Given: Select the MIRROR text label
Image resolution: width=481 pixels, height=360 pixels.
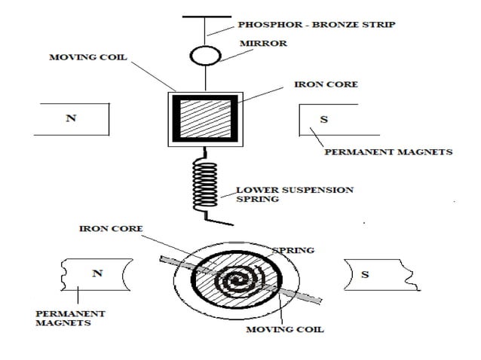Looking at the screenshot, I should tap(262, 44).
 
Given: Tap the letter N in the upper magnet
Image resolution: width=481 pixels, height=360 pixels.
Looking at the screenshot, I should tap(72, 120).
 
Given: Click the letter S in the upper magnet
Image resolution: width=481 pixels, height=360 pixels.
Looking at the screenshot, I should tap(324, 120).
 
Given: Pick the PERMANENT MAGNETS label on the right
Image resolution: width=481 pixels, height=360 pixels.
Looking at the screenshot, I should tap(388, 151).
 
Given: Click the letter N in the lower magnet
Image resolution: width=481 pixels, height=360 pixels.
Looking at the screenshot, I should tap(97, 273).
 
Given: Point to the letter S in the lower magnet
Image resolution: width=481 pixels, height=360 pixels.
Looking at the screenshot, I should tap(366, 274).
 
